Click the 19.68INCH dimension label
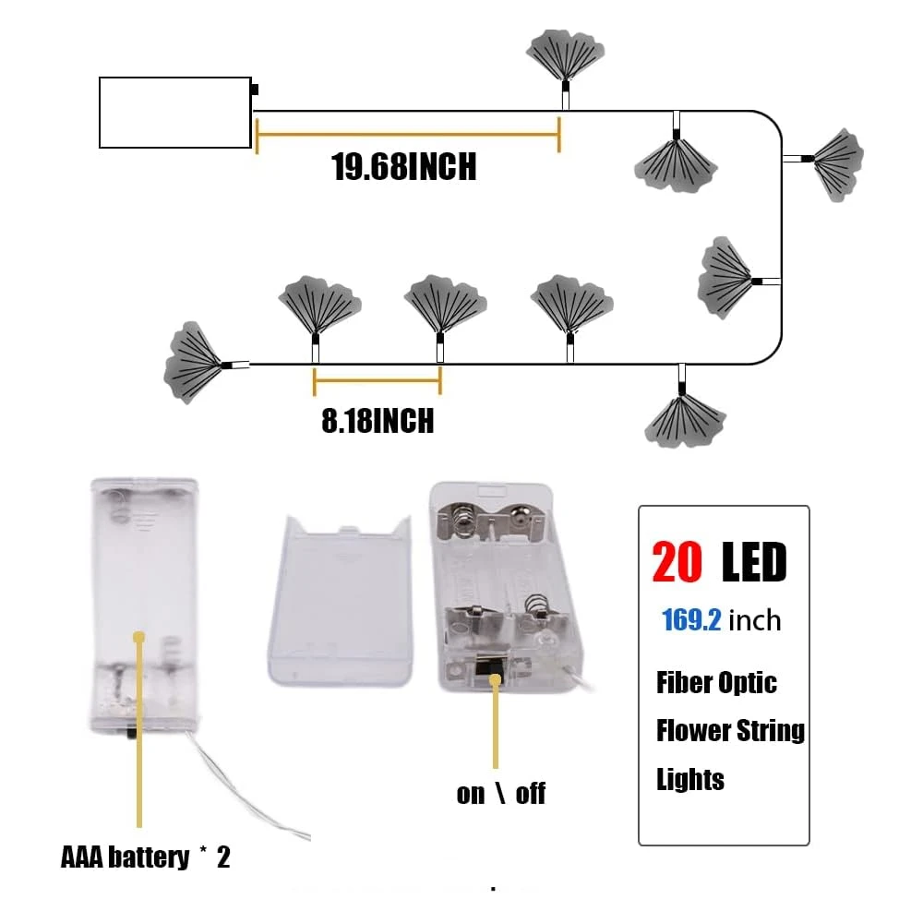click(x=404, y=167)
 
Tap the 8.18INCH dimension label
click(x=378, y=421)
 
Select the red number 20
click(x=677, y=562)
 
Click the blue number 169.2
click(x=691, y=619)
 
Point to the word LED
click(x=754, y=562)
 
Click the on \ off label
click(x=501, y=794)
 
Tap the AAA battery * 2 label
click(x=146, y=857)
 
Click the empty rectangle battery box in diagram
click(x=175, y=113)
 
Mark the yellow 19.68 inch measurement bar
click(x=407, y=135)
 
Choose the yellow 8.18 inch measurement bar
click(x=378, y=380)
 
